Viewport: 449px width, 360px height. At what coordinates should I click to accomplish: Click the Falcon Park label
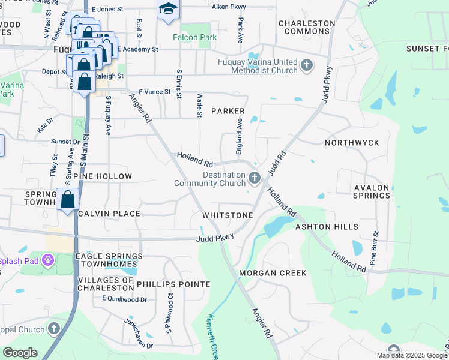coord(194,37)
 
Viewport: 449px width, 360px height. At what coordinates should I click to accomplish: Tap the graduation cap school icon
coord(169,9)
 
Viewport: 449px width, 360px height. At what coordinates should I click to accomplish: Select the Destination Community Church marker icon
coord(255,178)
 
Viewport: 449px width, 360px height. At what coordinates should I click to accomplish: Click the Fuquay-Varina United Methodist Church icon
coord(306,65)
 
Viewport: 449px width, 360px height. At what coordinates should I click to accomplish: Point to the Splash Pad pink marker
coord(47,261)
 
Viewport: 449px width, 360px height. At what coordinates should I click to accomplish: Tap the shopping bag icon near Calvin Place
coord(68,199)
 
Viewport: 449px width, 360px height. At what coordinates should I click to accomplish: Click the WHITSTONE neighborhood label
coord(228,215)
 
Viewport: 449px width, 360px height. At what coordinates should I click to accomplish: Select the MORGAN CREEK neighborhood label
coord(273,273)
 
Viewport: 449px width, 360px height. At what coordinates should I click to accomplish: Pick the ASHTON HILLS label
coord(327,227)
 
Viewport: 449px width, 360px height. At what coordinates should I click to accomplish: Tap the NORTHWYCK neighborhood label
coord(352,143)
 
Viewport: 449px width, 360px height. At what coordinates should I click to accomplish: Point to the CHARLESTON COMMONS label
coord(306,27)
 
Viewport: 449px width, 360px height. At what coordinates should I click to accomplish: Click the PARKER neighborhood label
coord(228,111)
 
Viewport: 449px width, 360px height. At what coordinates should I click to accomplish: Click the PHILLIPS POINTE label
coord(173,284)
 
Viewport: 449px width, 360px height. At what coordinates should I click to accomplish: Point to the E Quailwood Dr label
coord(124,299)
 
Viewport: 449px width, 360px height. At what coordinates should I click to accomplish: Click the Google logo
coord(20,353)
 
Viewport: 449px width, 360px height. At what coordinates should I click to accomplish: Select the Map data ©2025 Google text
coord(411,355)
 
